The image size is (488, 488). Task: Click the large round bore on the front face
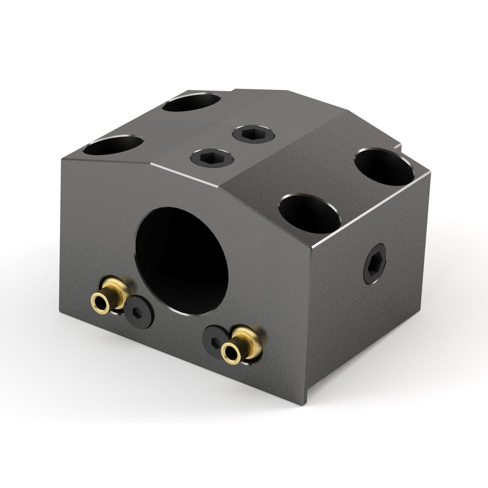[x=182, y=260]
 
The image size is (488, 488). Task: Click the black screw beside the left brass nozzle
[x=139, y=312]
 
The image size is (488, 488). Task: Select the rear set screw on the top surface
[x=253, y=133]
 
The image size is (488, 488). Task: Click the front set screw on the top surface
[x=212, y=157]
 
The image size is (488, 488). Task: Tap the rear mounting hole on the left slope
[x=191, y=102]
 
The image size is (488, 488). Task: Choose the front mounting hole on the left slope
[x=113, y=145]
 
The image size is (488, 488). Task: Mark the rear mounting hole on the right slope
[x=384, y=166]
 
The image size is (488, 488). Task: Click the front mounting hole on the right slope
[x=309, y=214]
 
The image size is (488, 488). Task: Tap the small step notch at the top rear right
[x=397, y=146]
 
